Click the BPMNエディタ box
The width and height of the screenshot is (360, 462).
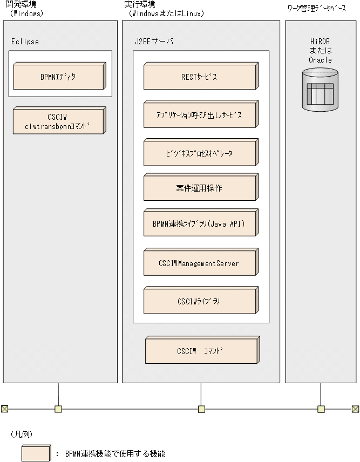pyautogui.click(x=59, y=77)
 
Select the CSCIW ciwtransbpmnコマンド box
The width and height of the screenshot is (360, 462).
pyautogui.click(x=59, y=121)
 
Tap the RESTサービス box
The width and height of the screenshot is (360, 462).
pyautogui.click(x=200, y=77)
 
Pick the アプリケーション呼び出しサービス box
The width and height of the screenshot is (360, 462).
pyautogui.click(x=200, y=115)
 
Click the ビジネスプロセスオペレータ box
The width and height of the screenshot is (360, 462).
pyautogui.click(x=200, y=153)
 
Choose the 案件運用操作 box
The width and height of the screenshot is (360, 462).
pyautogui.click(x=200, y=188)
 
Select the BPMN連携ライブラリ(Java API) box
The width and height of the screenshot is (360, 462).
pyautogui.click(x=200, y=223)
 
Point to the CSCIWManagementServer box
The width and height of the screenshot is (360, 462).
pyautogui.click(x=200, y=263)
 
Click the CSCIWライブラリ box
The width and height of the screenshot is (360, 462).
pyautogui.click(x=200, y=301)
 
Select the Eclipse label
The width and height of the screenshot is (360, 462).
pyautogui.click(x=25, y=42)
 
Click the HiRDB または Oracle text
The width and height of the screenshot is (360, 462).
pyautogui.click(x=320, y=51)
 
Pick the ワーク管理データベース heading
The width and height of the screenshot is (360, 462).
pyautogui.click(x=317, y=10)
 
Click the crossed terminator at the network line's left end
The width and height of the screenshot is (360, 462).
pyautogui.click(x=4, y=409)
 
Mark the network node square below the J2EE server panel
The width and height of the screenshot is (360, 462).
pyautogui.click(x=201, y=409)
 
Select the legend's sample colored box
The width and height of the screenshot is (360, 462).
pyautogui.click(x=36, y=453)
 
